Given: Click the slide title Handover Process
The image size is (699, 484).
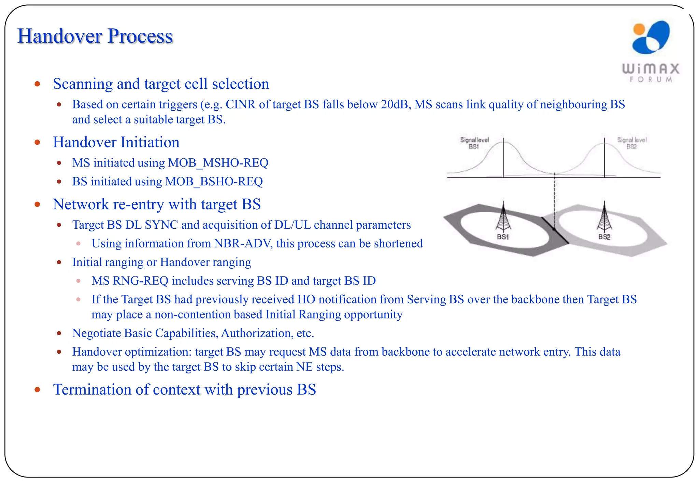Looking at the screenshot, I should (95, 36).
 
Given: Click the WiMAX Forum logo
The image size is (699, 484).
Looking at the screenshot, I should (651, 51).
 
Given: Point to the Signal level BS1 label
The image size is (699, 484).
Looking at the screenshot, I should (474, 143).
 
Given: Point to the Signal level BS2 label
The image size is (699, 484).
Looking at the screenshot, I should (632, 143).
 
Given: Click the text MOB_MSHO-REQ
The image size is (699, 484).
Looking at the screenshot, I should (218, 163).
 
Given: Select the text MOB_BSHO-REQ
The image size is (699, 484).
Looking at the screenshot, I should (214, 182).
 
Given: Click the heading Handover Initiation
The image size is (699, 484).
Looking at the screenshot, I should (116, 142).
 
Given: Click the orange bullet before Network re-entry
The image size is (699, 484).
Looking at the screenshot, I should (38, 204).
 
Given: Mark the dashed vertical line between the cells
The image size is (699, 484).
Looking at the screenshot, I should (554, 198).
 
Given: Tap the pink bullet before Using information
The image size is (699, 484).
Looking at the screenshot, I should (79, 244).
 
